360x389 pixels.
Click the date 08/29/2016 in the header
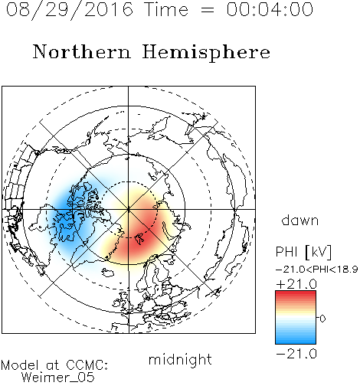click(70, 10)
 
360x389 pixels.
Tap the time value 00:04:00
click(270, 9)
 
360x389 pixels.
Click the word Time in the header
click(166, 9)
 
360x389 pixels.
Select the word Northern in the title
click(82, 52)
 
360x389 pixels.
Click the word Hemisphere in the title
click(206, 53)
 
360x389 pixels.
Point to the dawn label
click(300, 220)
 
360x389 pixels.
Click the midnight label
click(180, 359)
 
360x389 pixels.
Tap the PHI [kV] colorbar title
click(303, 252)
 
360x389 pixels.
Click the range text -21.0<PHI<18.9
click(316, 270)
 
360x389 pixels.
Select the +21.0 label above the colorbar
click(296, 284)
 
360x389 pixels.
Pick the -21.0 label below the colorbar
click(296, 354)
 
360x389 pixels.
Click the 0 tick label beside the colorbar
click(322, 319)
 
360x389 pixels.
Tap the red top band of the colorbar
click(296, 294)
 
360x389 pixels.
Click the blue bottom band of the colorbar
click(296, 340)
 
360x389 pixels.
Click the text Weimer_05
click(58, 377)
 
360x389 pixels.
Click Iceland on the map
click(108, 272)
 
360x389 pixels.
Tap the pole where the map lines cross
click(129, 209)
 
